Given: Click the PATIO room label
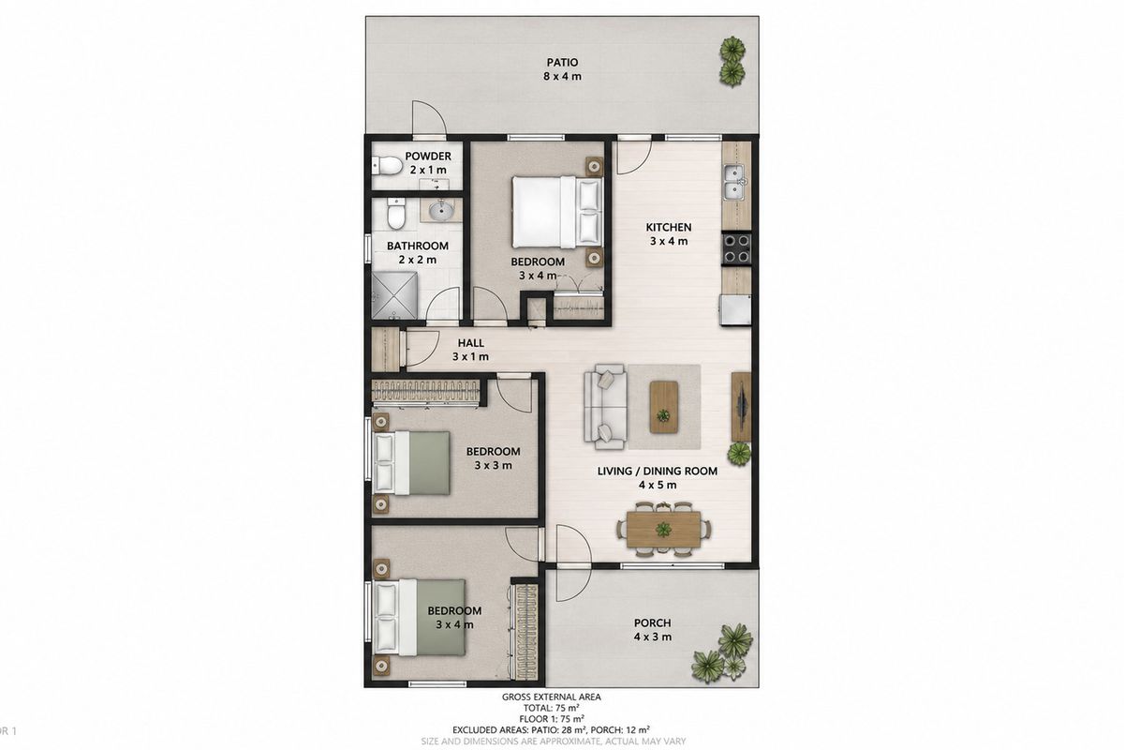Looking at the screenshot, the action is (x=562, y=63).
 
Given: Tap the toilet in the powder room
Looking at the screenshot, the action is (x=387, y=165).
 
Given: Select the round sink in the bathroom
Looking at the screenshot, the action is (x=441, y=209).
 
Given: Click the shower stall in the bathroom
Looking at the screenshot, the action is (x=394, y=296).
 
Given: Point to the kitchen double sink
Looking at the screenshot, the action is (x=733, y=182).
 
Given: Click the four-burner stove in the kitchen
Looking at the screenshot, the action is (x=736, y=248).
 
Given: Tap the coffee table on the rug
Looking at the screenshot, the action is (x=664, y=407).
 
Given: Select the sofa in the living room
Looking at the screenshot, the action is (x=605, y=406).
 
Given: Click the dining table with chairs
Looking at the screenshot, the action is (x=663, y=530).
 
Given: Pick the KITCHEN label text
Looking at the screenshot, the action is (x=669, y=228).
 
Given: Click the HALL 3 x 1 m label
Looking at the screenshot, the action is (x=470, y=350).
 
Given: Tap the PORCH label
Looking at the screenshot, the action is (x=652, y=622).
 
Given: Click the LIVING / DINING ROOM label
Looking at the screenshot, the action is (x=658, y=472).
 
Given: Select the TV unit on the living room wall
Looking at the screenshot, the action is (x=741, y=407).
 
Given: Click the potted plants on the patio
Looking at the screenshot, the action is (x=732, y=61).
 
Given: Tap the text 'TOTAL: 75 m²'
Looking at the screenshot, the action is (x=552, y=709).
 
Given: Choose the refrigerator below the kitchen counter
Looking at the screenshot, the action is (x=735, y=310).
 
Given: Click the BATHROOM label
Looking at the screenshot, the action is (x=418, y=247).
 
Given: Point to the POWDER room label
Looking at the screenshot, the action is (x=428, y=157).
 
